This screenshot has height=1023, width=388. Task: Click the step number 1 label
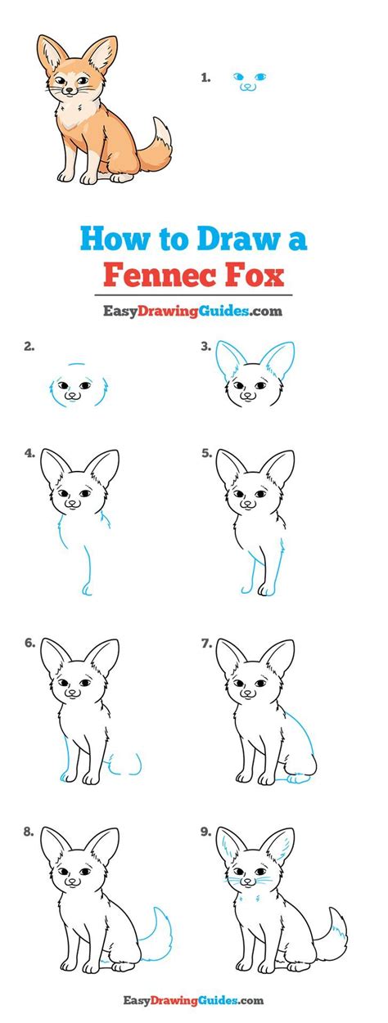click(205, 78)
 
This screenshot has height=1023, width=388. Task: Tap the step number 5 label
click(206, 453)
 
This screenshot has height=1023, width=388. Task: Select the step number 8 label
click(29, 832)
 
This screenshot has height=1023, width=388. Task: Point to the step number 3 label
click(206, 347)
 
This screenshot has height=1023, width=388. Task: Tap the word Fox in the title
click(254, 276)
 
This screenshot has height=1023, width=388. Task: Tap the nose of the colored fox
click(69, 91)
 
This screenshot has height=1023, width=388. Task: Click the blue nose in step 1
click(247, 85)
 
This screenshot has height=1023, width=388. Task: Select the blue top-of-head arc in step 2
click(77, 365)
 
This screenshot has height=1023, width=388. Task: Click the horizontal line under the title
click(194, 295)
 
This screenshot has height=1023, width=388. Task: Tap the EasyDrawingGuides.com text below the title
click(192, 312)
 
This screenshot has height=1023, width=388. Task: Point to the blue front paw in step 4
click(87, 590)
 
